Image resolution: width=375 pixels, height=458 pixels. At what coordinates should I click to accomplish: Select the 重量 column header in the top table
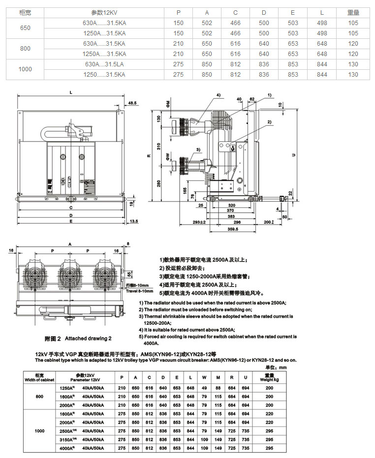tap(353, 11)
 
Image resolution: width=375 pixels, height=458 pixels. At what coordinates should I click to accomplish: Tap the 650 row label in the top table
tap(25, 28)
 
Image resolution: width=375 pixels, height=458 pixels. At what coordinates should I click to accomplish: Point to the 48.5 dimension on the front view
tap(132, 103)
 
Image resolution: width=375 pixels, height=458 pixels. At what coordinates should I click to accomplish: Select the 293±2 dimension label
tap(199, 222)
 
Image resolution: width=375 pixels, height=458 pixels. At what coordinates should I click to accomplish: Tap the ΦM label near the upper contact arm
tap(167, 105)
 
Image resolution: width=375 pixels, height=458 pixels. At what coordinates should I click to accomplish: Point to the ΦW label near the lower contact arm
tap(167, 156)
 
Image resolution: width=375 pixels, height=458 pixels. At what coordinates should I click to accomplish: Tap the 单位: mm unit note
tap(289, 367)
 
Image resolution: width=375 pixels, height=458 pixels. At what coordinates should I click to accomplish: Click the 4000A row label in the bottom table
tap(67, 448)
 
